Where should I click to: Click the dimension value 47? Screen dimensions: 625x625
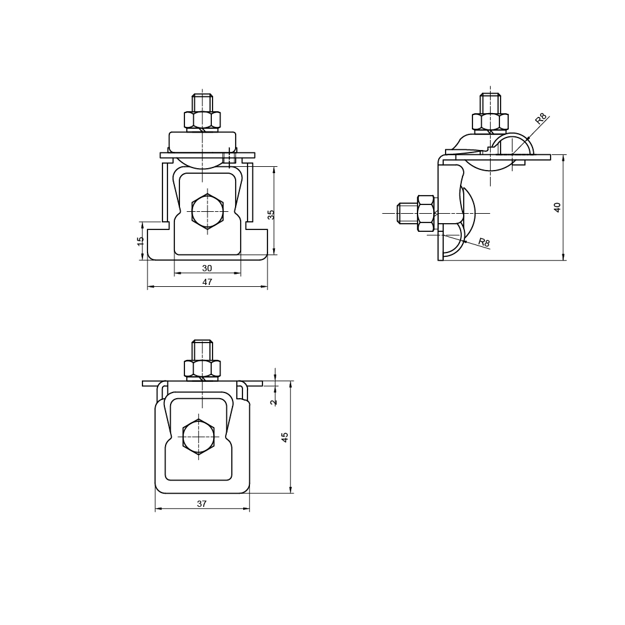click(x=207, y=282)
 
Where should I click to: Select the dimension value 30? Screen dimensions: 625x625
click(x=207, y=268)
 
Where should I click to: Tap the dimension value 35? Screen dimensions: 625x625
click(x=271, y=215)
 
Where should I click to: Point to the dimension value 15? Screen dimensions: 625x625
click(x=140, y=241)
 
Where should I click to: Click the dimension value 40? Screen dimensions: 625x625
click(x=557, y=207)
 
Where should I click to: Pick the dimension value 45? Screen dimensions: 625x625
click(x=284, y=437)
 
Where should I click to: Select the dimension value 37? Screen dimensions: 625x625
click(x=202, y=504)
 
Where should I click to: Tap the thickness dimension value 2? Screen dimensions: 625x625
click(x=273, y=402)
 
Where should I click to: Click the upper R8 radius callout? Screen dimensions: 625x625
click(x=541, y=119)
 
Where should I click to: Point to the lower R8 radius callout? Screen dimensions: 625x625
click(x=484, y=242)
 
